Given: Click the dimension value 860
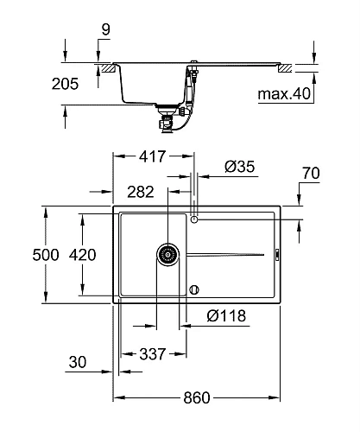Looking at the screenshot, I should click(x=197, y=397).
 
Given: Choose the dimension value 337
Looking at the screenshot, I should click(x=154, y=353).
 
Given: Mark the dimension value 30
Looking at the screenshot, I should click(x=78, y=364).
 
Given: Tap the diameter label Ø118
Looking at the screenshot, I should click(x=226, y=316).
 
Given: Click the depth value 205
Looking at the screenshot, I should click(x=65, y=84).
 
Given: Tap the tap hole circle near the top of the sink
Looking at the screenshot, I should click(x=196, y=220).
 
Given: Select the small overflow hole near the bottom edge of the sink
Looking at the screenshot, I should click(x=196, y=289).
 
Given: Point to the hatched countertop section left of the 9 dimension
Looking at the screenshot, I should click(x=106, y=67).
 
